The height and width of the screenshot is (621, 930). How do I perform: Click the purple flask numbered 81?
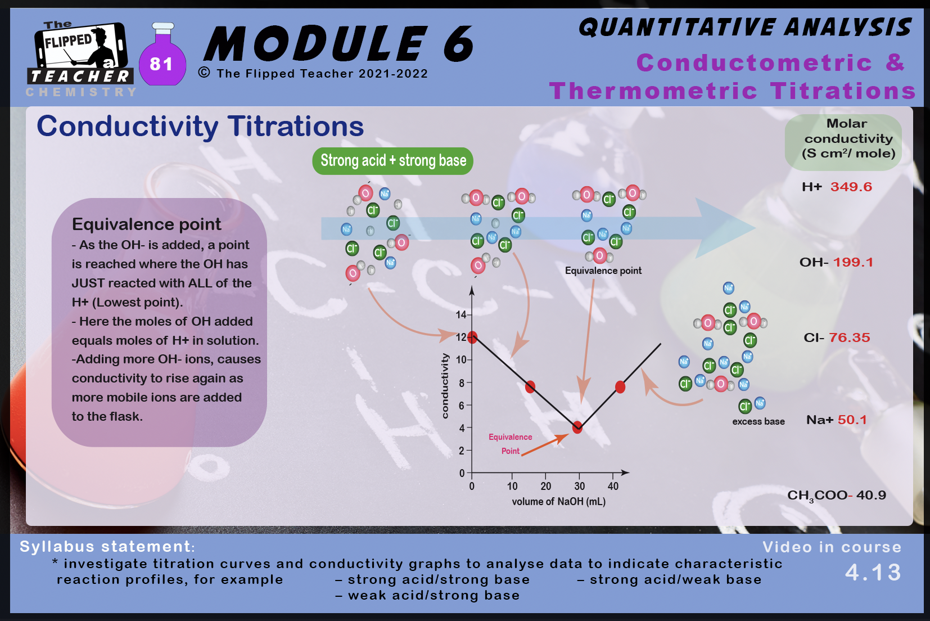point(162,56)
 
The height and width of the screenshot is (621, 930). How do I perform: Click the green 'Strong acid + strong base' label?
point(393,161)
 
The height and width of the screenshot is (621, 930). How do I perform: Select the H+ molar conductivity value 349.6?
point(851,187)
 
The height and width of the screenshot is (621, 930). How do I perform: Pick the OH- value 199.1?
point(853,263)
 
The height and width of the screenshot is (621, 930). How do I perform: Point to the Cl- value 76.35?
point(850,337)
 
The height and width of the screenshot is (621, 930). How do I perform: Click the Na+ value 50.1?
point(852,420)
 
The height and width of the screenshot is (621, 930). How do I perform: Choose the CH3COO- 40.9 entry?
point(837,496)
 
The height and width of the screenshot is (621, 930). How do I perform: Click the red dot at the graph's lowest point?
point(577,427)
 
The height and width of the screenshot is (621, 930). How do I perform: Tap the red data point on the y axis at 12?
point(472,337)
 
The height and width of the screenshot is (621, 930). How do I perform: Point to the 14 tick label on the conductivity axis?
point(461,315)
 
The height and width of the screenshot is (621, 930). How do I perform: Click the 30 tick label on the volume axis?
point(579,487)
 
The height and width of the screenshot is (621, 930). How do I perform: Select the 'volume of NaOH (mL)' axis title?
point(559,502)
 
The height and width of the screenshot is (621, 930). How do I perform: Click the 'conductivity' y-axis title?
point(445,386)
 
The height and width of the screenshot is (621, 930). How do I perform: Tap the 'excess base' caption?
point(759,422)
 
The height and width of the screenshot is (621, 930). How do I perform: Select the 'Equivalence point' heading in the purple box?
point(147,225)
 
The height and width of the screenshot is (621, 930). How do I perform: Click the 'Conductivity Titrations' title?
point(200,127)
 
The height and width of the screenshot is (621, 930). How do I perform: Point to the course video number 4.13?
point(873,573)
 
